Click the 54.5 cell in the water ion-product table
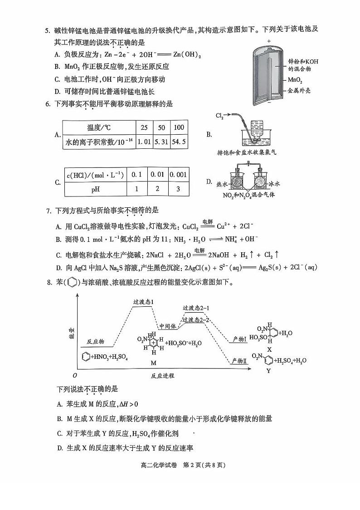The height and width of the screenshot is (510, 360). coord(179,142)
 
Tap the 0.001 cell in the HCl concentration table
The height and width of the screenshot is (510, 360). coord(179,174)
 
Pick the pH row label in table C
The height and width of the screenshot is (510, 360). coord(96,189)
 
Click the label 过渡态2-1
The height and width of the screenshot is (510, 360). coord(196,308)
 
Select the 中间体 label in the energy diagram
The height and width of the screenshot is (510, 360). coord(167,326)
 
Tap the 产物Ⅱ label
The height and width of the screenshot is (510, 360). coord(238,360)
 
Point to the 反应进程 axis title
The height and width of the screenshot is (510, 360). coord(162,376)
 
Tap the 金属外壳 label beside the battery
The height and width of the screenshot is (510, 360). coord(299,91)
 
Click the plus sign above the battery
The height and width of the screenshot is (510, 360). coord(268,41)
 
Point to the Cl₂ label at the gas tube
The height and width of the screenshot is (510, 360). coord(219,117)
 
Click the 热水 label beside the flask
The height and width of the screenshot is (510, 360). coord(222,184)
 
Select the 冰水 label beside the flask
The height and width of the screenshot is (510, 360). coord(276,184)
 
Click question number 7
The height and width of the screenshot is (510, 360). coord(49,211)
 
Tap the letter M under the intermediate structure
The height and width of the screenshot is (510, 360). coord(153,363)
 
